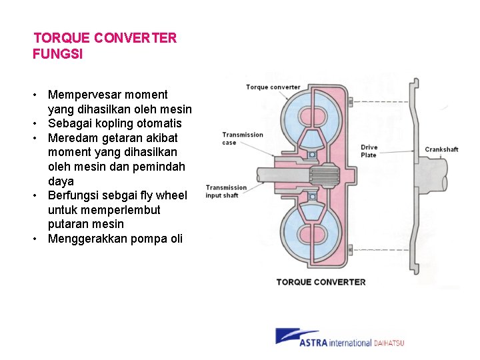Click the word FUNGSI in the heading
[x=58, y=55]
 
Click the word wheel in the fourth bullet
[x=171, y=195]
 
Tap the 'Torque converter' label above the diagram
[x=273, y=87]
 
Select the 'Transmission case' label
[x=243, y=139]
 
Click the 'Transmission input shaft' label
[x=226, y=191]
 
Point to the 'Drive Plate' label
[x=369, y=151]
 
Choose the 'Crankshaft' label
[x=441, y=149]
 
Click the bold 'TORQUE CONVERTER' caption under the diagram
[x=321, y=282]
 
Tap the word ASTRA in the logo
[x=315, y=343]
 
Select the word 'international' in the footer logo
[x=351, y=343]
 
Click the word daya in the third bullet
[x=61, y=181]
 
